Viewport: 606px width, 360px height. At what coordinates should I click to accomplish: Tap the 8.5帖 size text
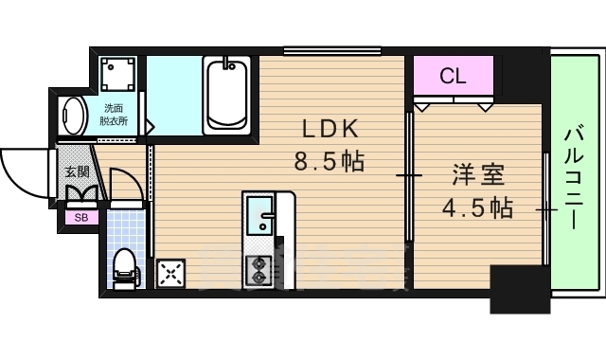(329, 161)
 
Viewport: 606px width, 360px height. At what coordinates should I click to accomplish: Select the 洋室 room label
(476, 175)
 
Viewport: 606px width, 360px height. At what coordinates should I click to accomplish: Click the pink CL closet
(453, 76)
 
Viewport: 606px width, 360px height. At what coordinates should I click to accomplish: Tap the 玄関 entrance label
(77, 172)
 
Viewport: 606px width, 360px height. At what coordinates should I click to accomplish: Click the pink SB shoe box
(79, 217)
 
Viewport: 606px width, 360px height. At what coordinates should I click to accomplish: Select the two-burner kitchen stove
(257, 270)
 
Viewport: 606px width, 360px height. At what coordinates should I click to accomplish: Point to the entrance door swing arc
(23, 171)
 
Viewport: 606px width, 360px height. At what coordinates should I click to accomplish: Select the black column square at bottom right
(519, 288)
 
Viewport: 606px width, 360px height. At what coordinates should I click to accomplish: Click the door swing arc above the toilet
(125, 185)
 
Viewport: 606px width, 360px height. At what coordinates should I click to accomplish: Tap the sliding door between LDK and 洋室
(409, 175)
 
